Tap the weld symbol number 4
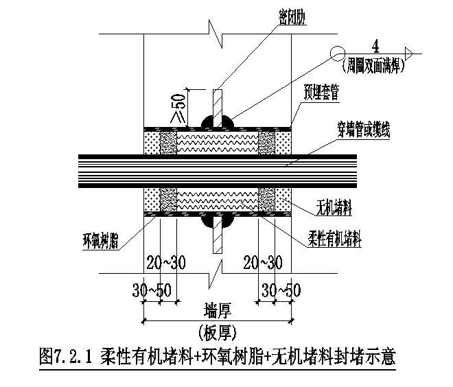[x=375, y=46]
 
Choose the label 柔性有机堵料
[x=334, y=239]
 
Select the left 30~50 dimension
[x=152, y=289]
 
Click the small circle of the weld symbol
[x=336, y=52]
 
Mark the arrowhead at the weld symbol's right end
[x=407, y=52]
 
